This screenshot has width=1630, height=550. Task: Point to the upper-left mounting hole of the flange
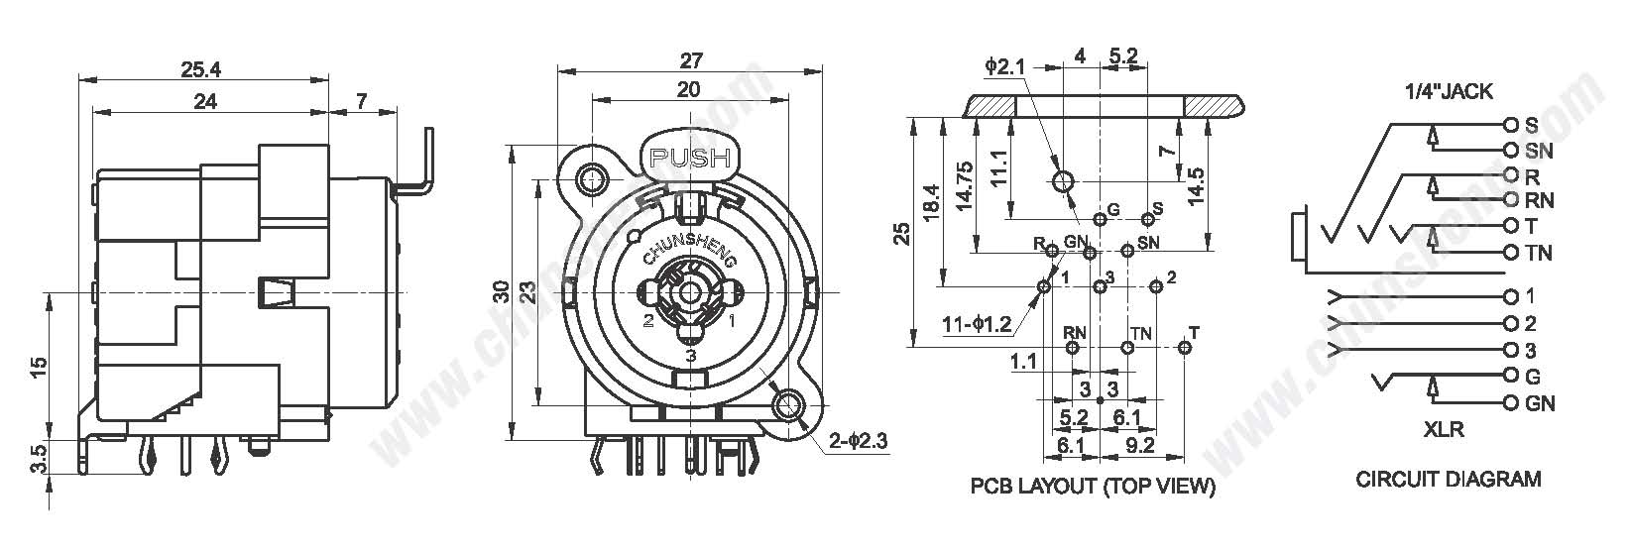coord(593,179)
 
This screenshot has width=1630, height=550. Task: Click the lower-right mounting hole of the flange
coord(789,403)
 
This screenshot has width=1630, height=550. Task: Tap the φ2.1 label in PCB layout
coord(1002,65)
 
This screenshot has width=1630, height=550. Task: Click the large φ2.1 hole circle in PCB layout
coord(1063,181)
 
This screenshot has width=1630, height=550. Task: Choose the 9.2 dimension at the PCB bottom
coord(1141,446)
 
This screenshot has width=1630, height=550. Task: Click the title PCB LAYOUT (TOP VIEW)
coord(1093,487)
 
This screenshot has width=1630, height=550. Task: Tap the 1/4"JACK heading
coord(1449,91)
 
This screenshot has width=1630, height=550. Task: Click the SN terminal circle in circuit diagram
coord(1511,151)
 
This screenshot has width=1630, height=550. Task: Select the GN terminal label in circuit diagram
coord(1540,403)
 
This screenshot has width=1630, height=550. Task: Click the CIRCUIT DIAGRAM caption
coord(1449,480)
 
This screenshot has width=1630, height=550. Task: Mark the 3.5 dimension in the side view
coord(37,457)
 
